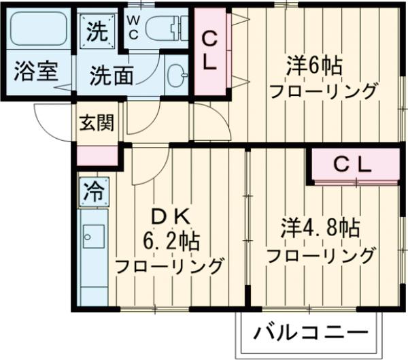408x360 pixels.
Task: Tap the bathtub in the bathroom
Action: pos(38,29)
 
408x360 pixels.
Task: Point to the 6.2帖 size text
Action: pos(170,240)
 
